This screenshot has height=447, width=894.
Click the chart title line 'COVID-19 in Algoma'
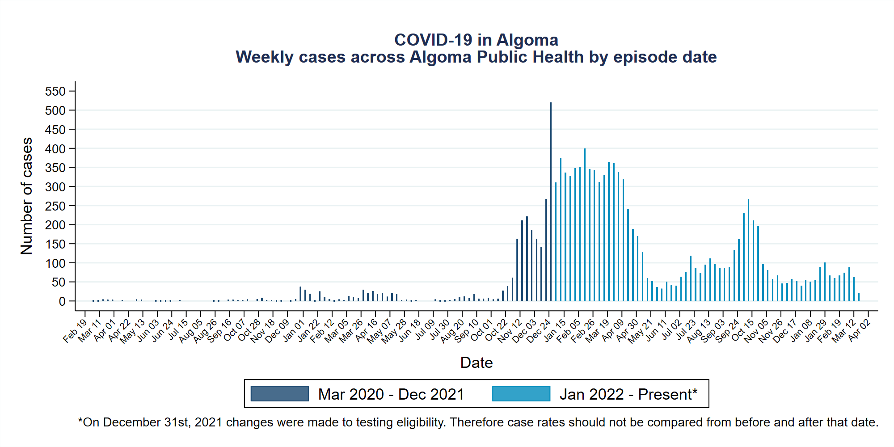click(x=476, y=40)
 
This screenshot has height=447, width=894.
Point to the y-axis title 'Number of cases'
click(x=27, y=196)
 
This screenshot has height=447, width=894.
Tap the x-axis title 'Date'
click(x=476, y=363)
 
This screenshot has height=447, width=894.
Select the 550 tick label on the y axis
click(x=55, y=92)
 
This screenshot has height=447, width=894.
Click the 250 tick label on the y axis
click(x=55, y=206)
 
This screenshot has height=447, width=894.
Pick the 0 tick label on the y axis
click(x=62, y=302)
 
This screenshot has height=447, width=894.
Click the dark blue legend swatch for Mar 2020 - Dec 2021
click(x=279, y=394)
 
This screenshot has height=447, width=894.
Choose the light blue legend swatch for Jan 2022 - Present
click(x=521, y=394)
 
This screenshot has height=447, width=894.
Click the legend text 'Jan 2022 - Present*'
click(x=628, y=394)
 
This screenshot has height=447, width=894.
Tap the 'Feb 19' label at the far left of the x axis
click(x=75, y=331)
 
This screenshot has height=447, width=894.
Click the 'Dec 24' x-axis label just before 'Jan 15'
click(x=539, y=331)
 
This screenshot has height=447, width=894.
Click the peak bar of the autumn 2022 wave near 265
click(x=748, y=250)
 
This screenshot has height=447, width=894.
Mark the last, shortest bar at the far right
click(x=859, y=297)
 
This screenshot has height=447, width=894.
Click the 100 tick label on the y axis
click(x=55, y=263)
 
